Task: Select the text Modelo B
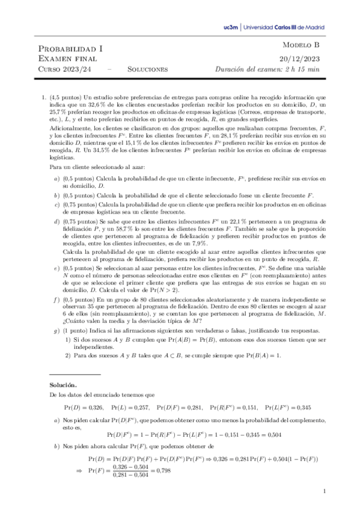tap(302, 46)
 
